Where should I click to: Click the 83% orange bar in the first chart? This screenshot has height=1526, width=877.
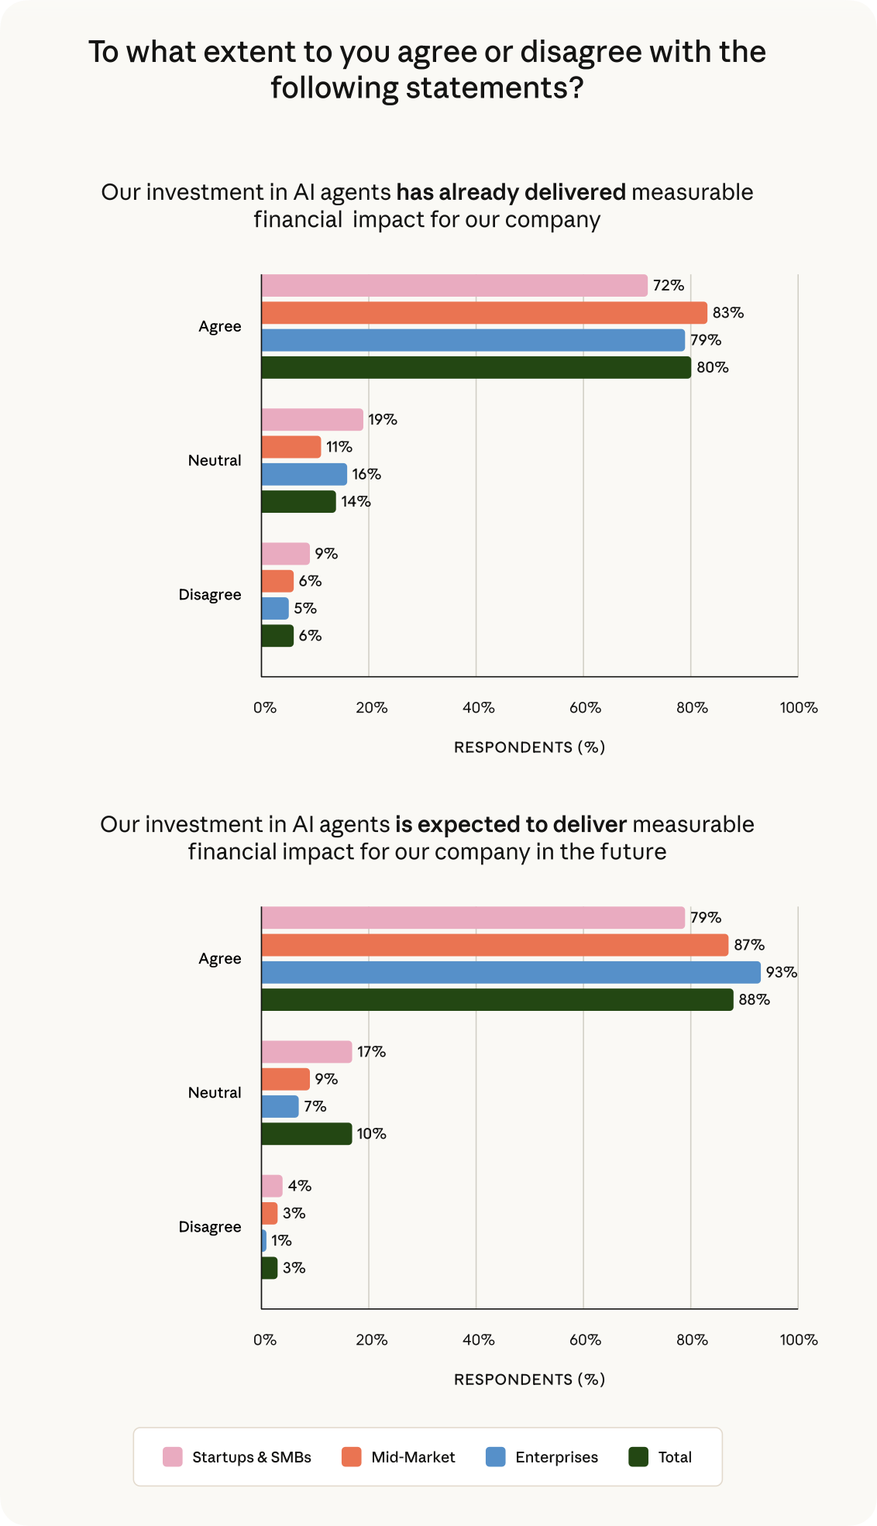point(484,313)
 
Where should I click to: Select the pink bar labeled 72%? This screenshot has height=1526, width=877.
point(454,286)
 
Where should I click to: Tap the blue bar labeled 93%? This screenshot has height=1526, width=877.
point(511,972)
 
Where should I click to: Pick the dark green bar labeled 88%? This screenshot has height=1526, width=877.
point(497,1000)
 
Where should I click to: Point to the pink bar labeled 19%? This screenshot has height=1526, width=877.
point(312,420)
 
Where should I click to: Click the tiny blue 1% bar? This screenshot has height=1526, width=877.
point(264,1241)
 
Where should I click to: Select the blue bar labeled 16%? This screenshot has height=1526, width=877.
point(304,474)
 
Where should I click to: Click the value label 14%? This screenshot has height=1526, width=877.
point(356,502)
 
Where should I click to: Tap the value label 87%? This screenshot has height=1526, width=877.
point(749,945)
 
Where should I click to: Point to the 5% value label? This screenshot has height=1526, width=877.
point(305,609)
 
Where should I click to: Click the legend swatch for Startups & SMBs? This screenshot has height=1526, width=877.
point(173,1457)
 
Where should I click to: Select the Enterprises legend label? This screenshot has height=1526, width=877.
point(556,1457)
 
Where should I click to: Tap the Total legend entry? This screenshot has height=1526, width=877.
point(675,1457)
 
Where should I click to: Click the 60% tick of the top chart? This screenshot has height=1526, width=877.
point(585,708)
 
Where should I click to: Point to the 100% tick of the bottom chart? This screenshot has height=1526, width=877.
point(798,1340)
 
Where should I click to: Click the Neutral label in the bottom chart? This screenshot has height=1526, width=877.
point(215,1093)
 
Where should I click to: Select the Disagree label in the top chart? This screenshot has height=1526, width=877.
point(210,595)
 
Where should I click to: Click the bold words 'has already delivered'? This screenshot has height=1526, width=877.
point(511,192)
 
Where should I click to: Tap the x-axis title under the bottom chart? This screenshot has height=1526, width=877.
point(529,1380)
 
